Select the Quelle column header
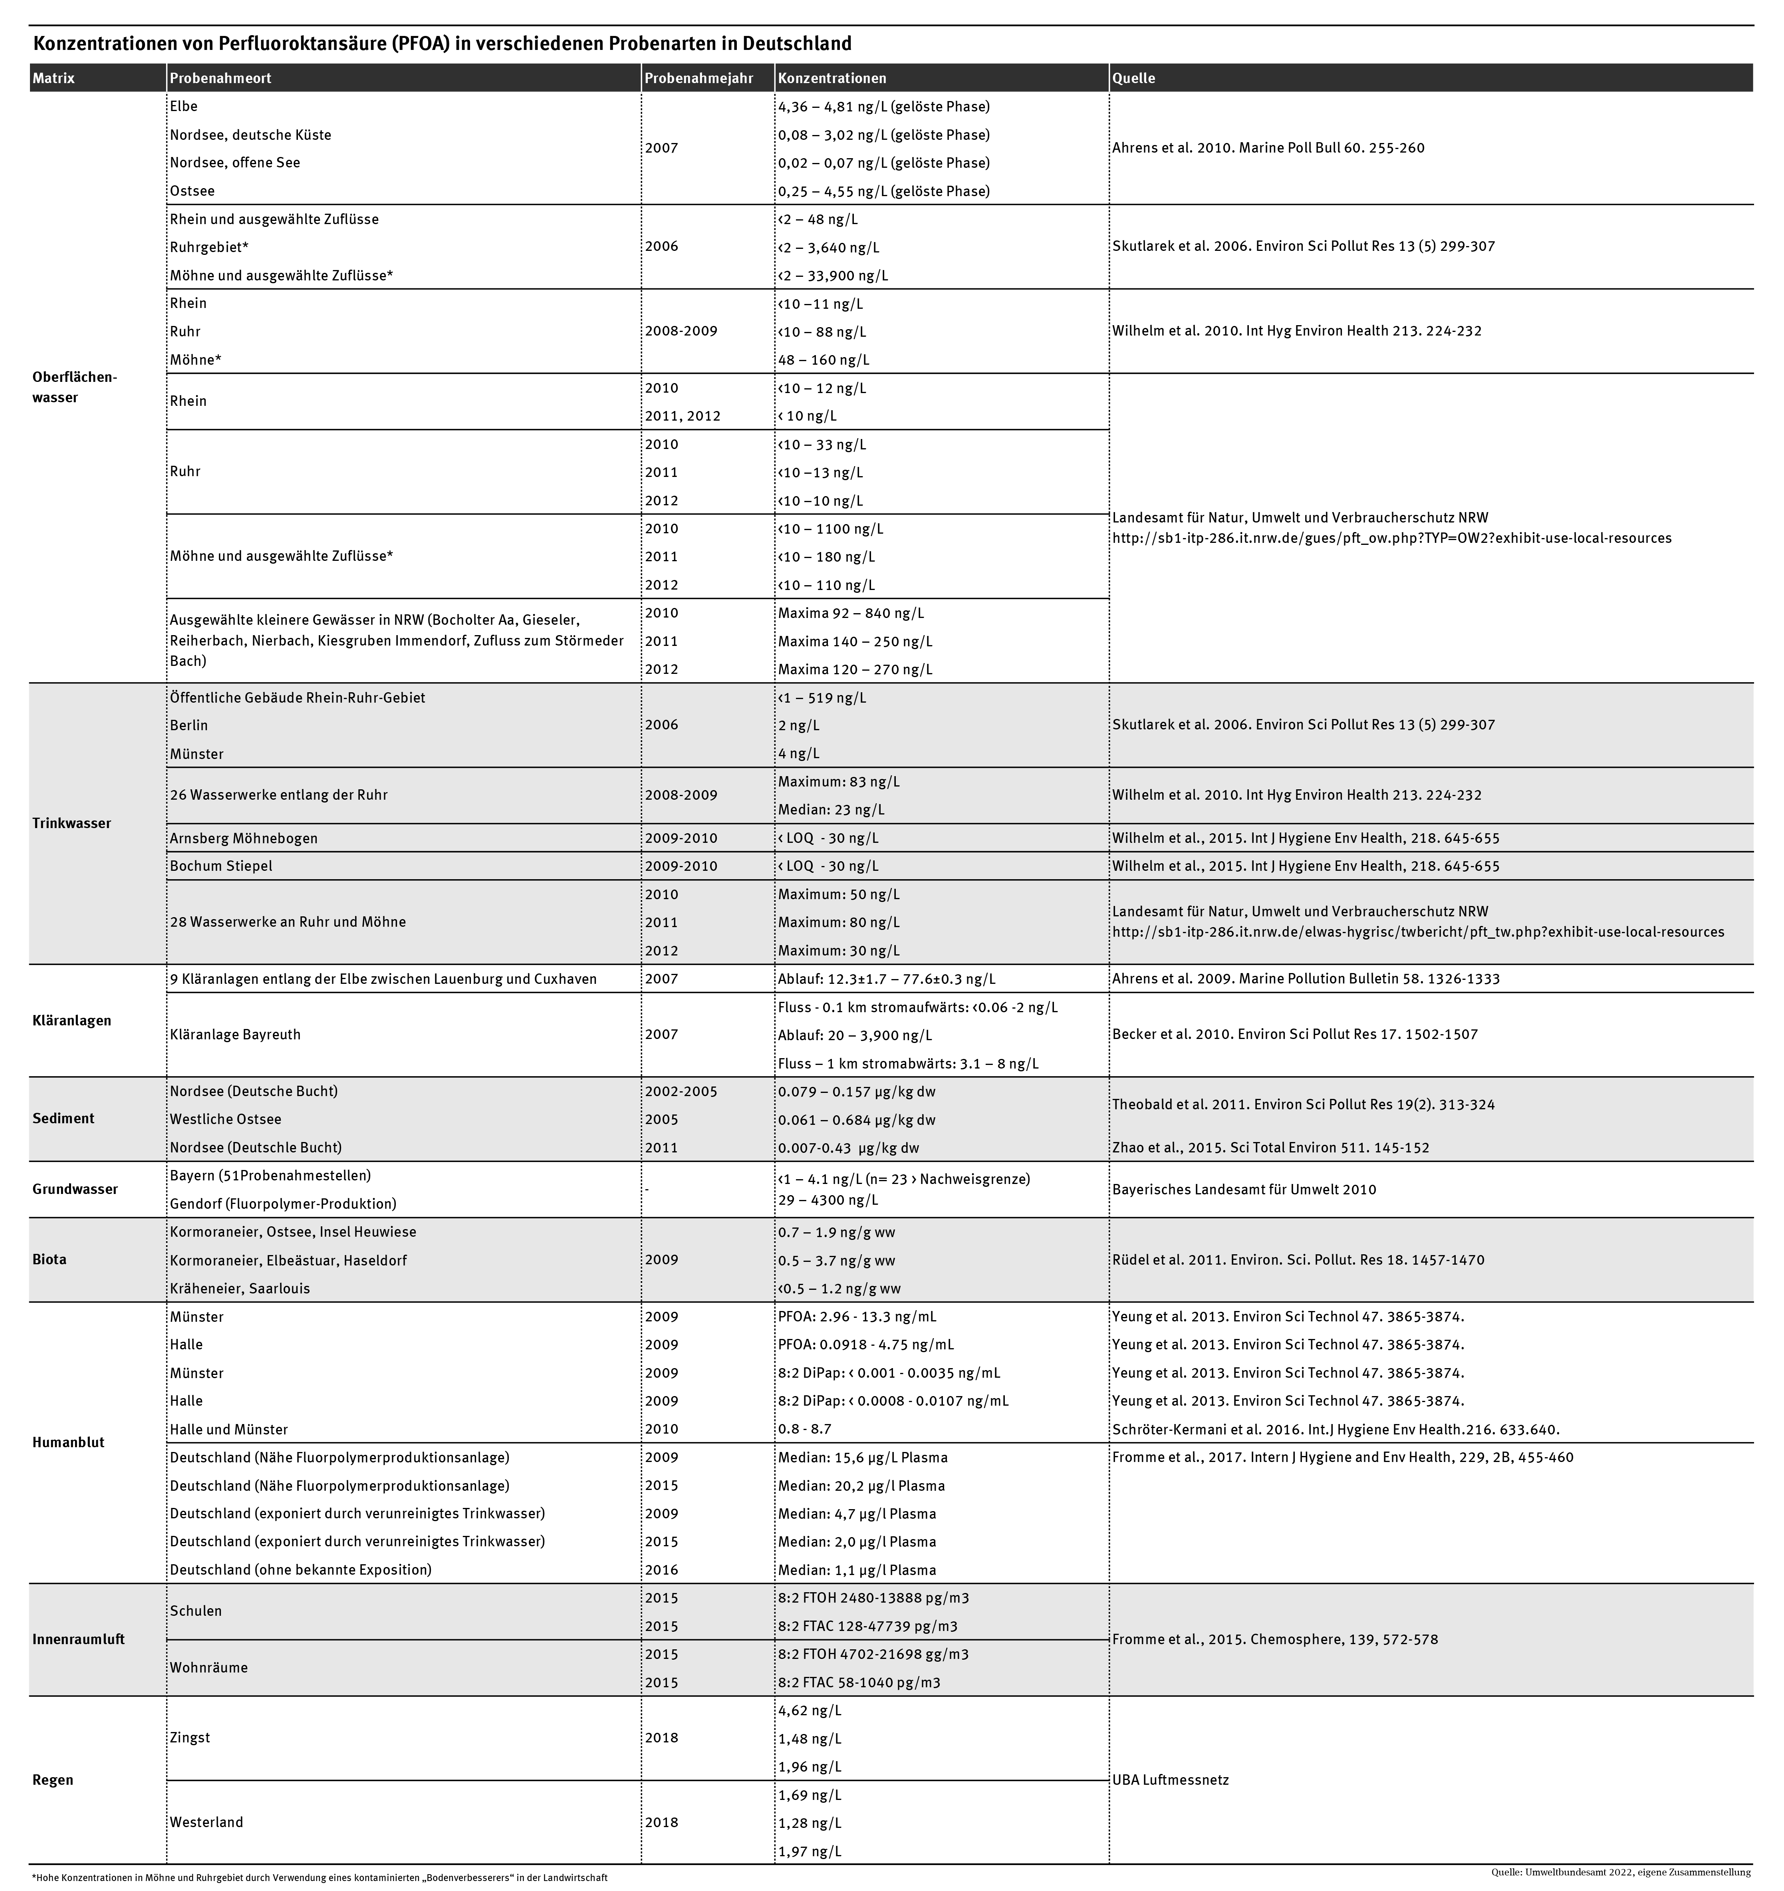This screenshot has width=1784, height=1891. coord(1133,78)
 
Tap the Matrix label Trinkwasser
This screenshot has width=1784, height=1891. coord(71,824)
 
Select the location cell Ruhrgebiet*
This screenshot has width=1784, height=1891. coord(209,247)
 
